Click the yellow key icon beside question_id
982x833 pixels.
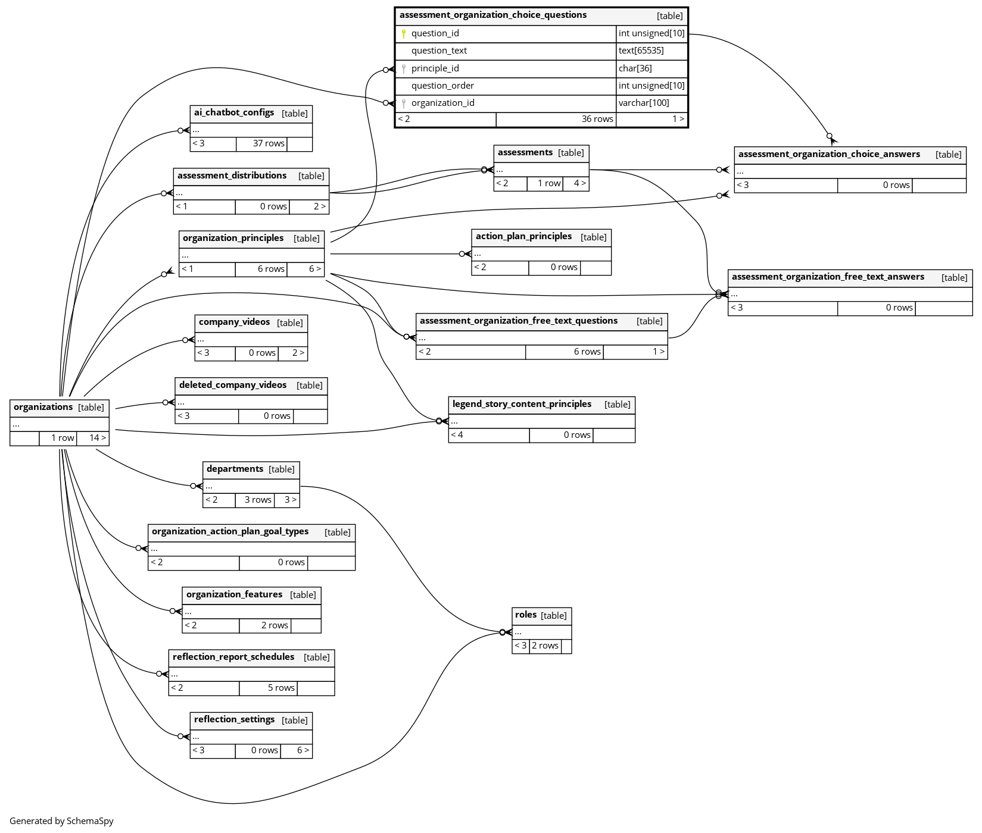point(404,34)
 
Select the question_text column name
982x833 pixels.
point(439,51)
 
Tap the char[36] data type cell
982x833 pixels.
point(635,68)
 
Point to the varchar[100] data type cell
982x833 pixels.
point(644,103)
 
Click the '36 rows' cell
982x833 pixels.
point(597,119)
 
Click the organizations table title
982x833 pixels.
point(43,407)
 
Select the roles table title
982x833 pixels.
point(526,615)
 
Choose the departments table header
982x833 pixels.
point(235,469)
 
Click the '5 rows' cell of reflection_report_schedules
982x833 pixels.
point(280,688)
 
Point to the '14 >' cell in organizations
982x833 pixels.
point(98,438)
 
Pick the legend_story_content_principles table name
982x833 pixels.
point(522,404)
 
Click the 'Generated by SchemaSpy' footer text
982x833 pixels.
point(61,821)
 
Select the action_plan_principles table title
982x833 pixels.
point(523,236)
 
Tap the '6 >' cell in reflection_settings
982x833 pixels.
point(303,750)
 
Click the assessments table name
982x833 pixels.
point(525,152)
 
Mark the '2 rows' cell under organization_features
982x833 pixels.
point(275,625)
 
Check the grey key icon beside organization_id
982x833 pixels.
point(404,104)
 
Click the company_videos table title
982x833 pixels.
point(234,322)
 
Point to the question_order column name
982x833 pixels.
point(442,86)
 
